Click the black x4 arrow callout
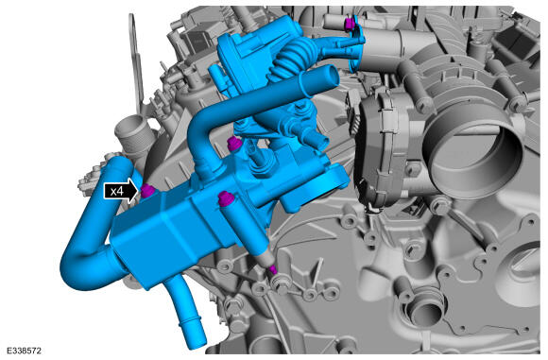[121, 191]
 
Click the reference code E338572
[24, 351]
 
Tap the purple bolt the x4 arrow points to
[147, 191]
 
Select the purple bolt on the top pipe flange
[350, 25]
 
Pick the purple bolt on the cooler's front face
[225, 198]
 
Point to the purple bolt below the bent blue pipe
[233, 144]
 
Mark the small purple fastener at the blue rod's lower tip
[273, 270]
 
